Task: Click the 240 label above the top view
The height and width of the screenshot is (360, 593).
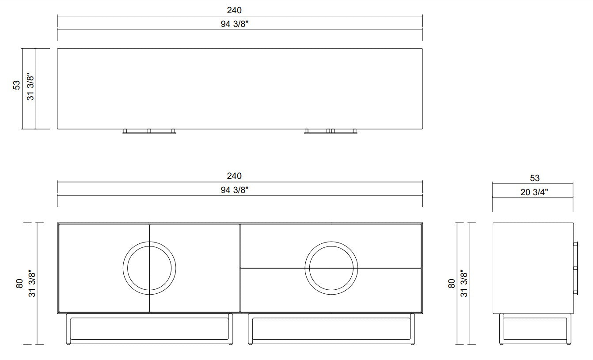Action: click(234, 10)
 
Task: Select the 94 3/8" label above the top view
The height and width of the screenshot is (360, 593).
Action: click(235, 24)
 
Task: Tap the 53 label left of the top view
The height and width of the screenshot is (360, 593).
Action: click(16, 85)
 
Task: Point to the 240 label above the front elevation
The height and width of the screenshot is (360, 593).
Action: click(234, 176)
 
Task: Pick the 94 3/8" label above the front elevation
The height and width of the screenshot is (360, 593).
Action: click(235, 190)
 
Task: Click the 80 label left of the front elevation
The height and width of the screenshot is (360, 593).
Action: click(19, 284)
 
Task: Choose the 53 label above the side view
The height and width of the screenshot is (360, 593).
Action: click(535, 178)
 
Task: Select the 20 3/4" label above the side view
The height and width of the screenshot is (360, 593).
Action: click(534, 192)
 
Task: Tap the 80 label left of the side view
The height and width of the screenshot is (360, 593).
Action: click(451, 284)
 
